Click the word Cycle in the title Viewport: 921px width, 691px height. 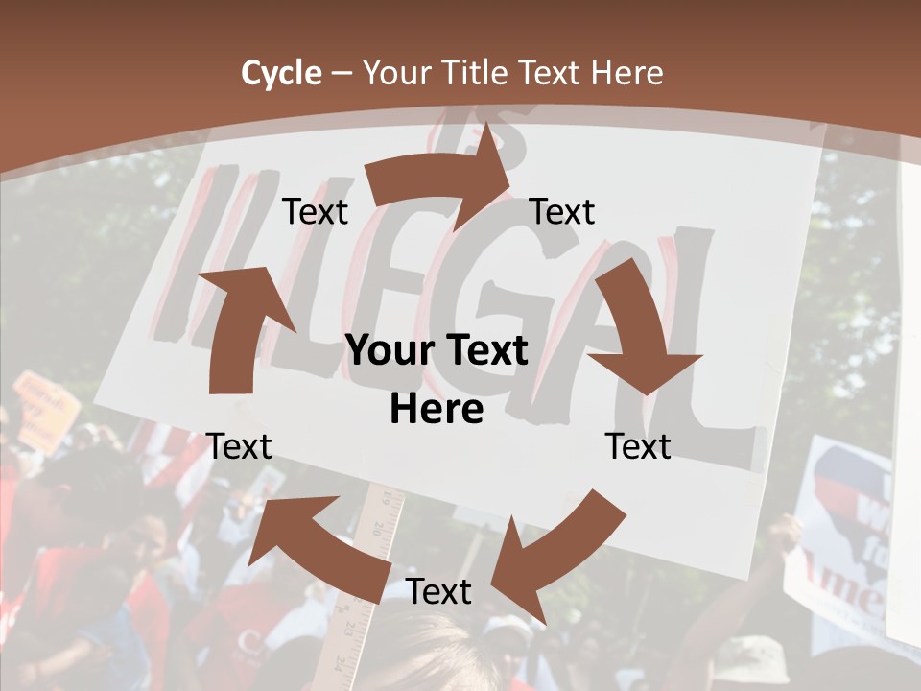pyautogui.click(x=281, y=73)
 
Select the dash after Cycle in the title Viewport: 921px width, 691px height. pyautogui.click(x=342, y=74)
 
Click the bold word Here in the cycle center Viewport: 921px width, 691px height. pyautogui.click(x=437, y=410)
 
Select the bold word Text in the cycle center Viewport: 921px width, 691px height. pyautogui.click(x=483, y=351)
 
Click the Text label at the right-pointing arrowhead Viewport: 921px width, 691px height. pyautogui.click(x=562, y=211)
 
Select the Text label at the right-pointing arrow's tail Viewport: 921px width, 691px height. pyautogui.click(x=315, y=211)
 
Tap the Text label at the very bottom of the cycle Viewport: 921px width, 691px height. pyautogui.click(x=438, y=592)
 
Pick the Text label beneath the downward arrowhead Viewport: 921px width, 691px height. pyautogui.click(x=638, y=446)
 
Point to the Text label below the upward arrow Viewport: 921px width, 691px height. pyautogui.click(x=239, y=446)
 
